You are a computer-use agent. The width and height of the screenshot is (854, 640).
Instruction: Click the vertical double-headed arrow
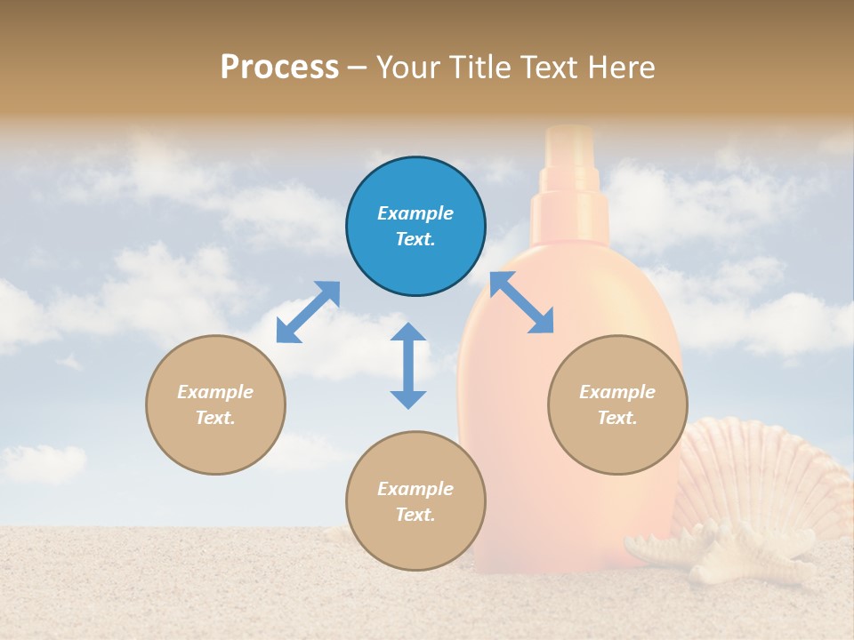pos(408,365)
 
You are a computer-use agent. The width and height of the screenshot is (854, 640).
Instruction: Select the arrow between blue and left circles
pos(308,312)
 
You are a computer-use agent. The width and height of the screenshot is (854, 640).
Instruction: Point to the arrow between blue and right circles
pos(521,302)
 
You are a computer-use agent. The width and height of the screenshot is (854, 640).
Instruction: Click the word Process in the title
pos(279,67)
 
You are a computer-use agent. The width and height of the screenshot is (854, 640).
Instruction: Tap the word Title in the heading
pos(481,67)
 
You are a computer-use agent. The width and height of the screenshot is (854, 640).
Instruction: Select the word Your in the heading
pos(409,67)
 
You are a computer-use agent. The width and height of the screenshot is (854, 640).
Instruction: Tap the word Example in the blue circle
pos(415,213)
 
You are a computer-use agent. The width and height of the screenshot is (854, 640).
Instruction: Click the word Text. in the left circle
pos(215,418)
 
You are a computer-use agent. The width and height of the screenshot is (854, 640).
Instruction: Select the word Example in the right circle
pos(617,392)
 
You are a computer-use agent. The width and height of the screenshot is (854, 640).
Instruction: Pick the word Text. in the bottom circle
pos(415,515)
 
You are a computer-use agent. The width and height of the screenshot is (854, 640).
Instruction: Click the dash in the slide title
pos(357,67)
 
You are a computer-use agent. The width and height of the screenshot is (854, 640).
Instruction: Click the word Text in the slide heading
pos(551,67)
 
